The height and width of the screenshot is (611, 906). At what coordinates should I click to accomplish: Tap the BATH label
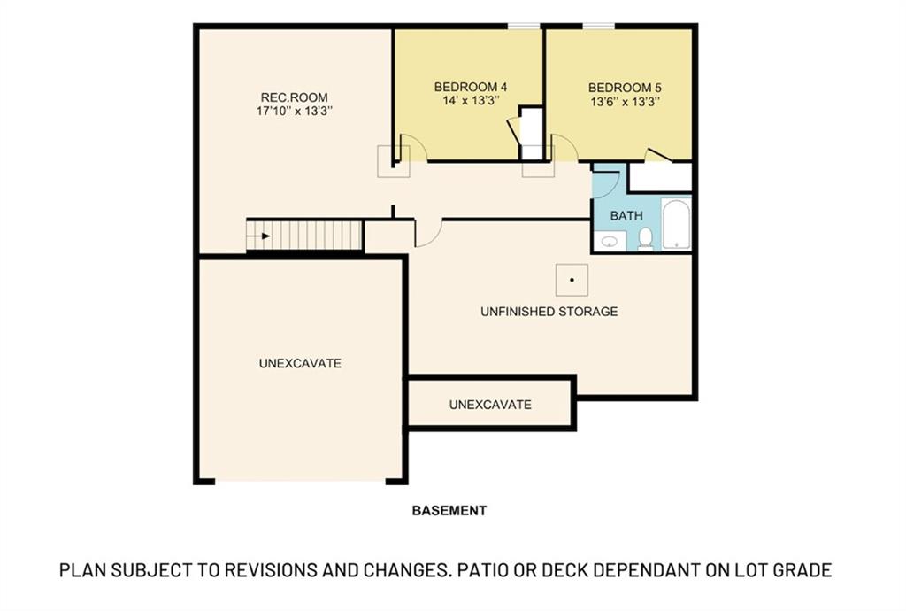point(626,215)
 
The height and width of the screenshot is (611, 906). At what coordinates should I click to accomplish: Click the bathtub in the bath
point(676,225)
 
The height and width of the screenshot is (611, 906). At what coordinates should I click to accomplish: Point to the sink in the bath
point(609,240)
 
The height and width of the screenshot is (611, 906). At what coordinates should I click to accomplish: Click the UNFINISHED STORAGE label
point(549,312)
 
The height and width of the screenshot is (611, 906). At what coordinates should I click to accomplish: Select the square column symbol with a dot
point(572,280)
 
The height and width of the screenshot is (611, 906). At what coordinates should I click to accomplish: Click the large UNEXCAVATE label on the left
point(300,363)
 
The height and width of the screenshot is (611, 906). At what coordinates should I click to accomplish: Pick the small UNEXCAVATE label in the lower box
point(490,405)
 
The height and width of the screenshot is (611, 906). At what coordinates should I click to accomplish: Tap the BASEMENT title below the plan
point(449,510)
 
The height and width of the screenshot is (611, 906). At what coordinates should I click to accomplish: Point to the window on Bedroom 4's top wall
point(524,26)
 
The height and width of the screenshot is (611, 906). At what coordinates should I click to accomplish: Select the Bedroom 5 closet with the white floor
point(660,176)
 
